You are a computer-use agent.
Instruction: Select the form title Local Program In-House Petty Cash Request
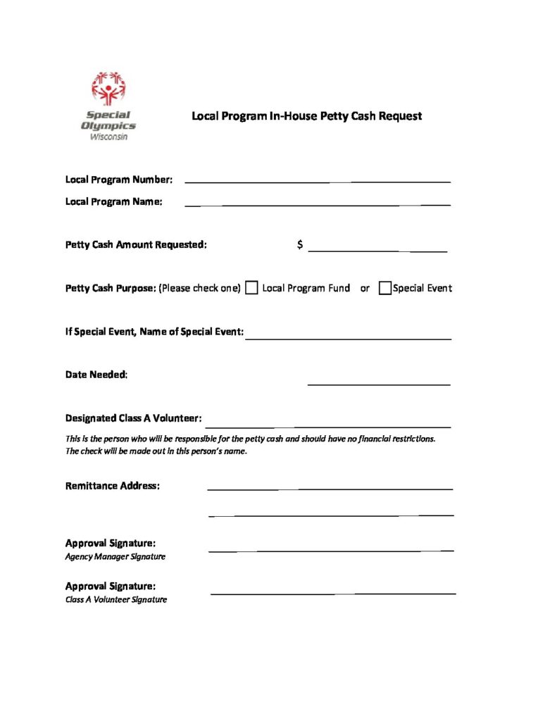(306, 115)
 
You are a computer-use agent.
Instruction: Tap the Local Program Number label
(118, 180)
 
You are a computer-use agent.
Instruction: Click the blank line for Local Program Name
(317, 205)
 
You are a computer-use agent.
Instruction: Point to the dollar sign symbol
(301, 244)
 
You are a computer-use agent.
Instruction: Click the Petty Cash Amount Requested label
(136, 245)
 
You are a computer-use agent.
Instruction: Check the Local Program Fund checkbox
(251, 288)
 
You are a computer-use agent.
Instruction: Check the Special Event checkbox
(384, 288)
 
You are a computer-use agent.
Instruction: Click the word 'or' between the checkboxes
(365, 288)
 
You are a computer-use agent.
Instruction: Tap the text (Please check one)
(200, 288)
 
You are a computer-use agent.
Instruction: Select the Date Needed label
(96, 375)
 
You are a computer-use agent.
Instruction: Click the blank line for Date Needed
(379, 384)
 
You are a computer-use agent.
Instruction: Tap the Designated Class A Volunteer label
(134, 418)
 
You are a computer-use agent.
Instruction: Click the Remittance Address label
(113, 486)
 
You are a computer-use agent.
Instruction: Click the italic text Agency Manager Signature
(115, 557)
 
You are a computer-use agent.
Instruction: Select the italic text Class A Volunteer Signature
(116, 600)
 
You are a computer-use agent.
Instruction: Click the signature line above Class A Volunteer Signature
(333, 594)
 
